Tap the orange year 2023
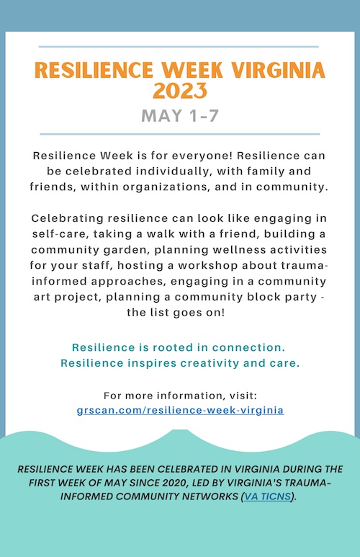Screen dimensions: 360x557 [x=180, y=91]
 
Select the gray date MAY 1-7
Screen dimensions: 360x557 [x=180, y=116]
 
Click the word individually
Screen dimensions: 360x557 [x=175, y=171]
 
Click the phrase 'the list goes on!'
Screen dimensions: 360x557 [x=176, y=313]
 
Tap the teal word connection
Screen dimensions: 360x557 [x=248, y=347]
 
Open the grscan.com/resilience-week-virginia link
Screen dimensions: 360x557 [x=180, y=410]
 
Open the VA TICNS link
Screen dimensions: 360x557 [x=268, y=496]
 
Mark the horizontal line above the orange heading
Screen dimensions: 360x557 [x=179, y=47]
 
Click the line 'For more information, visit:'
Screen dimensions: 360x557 [x=180, y=396]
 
